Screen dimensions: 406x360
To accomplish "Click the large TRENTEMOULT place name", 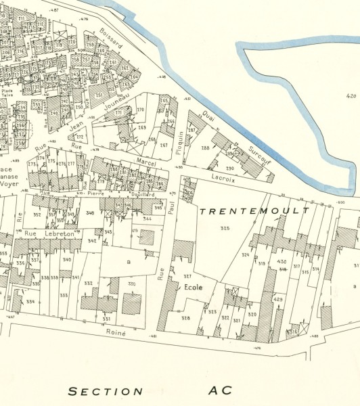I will click(254, 211).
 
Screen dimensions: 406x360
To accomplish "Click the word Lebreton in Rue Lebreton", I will click(59, 233).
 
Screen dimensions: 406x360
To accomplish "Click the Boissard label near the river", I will click(110, 38).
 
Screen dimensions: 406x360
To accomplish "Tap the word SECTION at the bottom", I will click(106, 391).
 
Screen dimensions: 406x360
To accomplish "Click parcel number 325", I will click(225, 229).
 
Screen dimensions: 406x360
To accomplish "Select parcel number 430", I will click(282, 262).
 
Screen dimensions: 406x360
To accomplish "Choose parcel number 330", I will click(131, 284).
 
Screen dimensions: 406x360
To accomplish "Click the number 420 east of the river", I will click(349, 96).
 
